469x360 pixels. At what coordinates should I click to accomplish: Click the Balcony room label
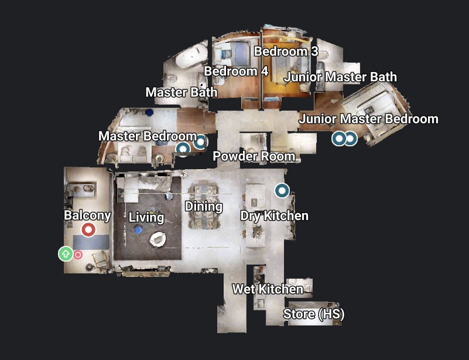(87, 215)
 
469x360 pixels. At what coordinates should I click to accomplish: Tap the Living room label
(146, 218)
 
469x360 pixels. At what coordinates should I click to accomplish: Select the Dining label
(204, 206)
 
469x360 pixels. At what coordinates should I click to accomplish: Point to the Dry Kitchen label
(274, 215)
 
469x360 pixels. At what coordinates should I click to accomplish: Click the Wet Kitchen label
(268, 289)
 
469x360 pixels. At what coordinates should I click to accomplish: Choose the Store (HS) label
(314, 314)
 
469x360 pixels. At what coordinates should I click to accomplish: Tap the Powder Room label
(254, 156)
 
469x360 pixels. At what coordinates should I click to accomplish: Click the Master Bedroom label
(147, 136)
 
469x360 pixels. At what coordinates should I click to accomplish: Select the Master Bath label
(181, 92)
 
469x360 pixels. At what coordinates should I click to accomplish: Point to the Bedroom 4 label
(236, 71)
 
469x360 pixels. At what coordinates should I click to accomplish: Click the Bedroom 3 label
(286, 52)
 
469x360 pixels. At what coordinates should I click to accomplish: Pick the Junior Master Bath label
(340, 77)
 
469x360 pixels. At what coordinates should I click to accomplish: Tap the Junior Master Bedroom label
(368, 119)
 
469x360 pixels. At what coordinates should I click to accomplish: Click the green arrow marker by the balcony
(65, 253)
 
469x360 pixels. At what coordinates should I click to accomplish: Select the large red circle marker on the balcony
(88, 229)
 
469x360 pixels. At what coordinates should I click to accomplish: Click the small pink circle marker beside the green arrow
(78, 255)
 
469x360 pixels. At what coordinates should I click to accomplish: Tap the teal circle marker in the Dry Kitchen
(282, 190)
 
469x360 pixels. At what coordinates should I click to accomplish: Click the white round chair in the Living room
(158, 239)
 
